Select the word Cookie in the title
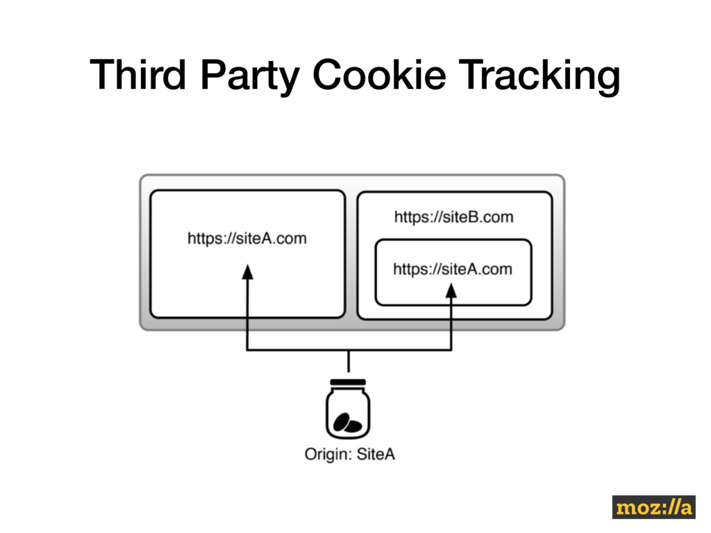379,74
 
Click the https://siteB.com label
453,217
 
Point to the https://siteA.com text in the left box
246,239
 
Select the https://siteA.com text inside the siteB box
453,269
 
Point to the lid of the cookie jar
348,382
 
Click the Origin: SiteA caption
349,455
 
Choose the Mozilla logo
653,507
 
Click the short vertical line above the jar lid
349,362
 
